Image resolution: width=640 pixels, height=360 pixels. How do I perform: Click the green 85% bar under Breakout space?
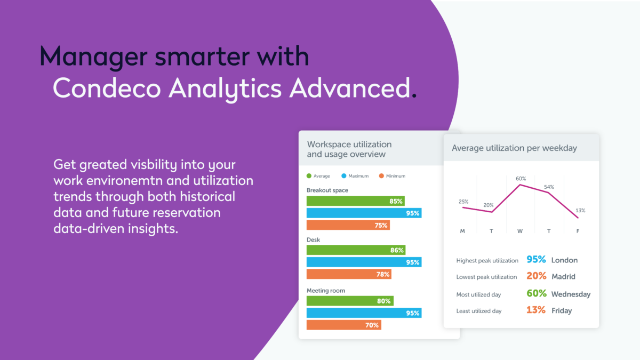pos(355,201)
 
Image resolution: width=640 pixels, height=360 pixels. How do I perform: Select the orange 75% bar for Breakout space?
pos(348,225)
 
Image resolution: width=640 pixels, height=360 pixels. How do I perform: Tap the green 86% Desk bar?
pos(356,250)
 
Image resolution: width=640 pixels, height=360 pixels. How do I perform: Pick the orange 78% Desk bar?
pos(349,274)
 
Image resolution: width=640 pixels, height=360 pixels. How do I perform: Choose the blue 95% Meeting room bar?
pos(364,313)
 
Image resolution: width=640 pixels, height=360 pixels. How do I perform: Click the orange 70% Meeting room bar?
pos(343,325)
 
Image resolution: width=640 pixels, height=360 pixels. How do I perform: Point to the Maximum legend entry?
pos(355,176)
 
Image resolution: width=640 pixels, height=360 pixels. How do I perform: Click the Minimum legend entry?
pos(392,176)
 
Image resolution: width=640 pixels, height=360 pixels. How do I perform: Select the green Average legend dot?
pos(309,176)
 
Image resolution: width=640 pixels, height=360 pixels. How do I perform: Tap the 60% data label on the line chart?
pos(521,179)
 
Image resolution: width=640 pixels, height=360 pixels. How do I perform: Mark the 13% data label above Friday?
pos(580,211)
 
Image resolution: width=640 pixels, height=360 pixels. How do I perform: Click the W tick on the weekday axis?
pos(519,231)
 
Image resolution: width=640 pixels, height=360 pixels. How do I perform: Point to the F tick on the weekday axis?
pos(578,231)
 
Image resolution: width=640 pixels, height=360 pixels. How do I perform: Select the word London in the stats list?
pos(564,260)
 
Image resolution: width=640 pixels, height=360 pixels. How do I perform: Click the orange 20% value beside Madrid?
pos(537,276)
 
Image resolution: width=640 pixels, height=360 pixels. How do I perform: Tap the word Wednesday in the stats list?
pos(571,294)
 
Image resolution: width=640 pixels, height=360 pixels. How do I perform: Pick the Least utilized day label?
pos(479,311)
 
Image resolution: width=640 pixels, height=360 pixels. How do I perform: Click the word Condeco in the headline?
pos(107,89)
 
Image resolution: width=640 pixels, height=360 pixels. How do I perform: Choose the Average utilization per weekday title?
pos(514,148)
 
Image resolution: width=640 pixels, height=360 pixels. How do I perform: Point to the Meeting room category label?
pos(326,291)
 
